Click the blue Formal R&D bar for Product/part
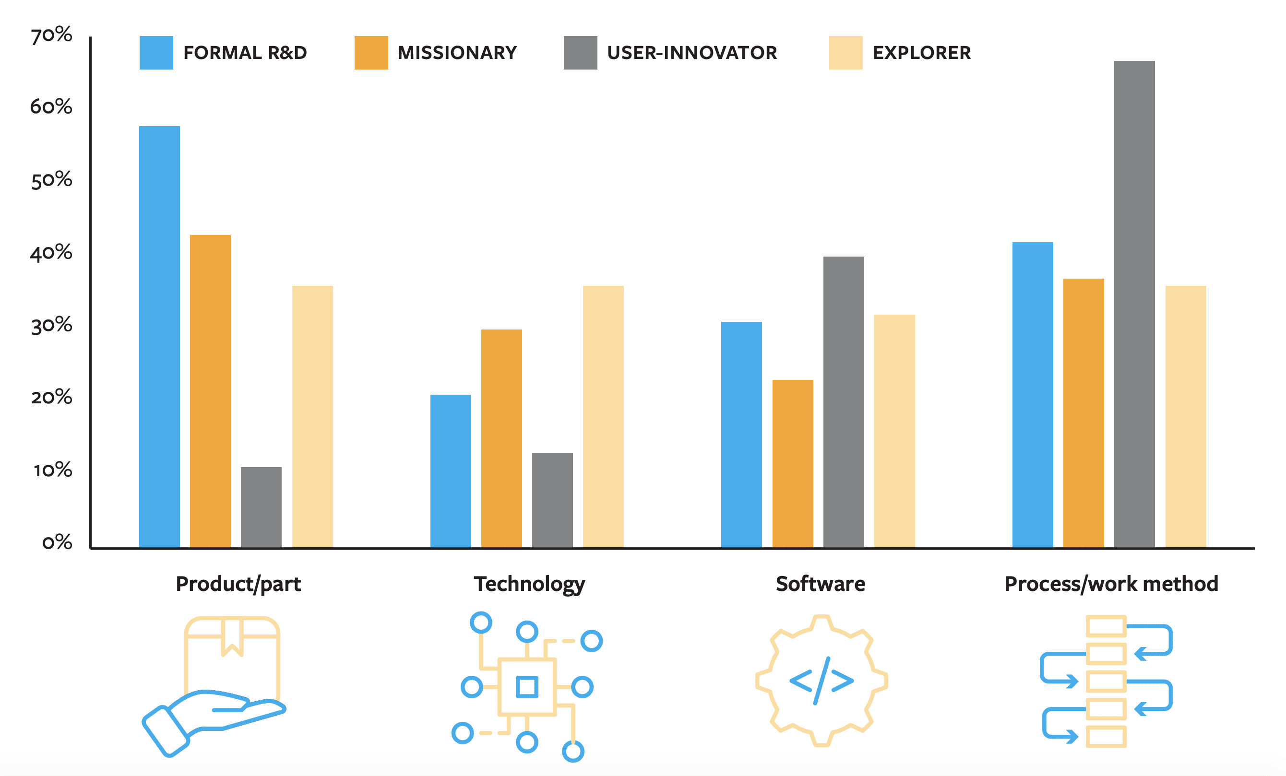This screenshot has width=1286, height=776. coord(159,336)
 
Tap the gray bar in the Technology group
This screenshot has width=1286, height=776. coord(552,500)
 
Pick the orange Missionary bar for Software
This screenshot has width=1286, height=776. coord(792,463)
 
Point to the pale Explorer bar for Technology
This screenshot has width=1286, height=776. coord(603,416)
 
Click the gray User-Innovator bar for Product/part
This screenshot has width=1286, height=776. coord(261,507)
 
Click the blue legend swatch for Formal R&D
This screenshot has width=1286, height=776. coord(156,53)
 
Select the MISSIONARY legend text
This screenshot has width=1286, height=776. coord(457,53)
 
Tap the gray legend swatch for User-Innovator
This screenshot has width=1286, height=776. coord(580,53)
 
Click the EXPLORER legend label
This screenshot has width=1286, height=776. coord(921,53)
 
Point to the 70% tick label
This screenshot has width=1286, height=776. coord(51,35)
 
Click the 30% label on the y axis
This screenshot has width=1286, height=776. coord(51,326)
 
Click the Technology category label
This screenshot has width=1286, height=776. coord(529,584)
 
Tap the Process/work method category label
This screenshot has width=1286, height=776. coord(1111,584)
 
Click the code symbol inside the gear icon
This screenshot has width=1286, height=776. coord(822,681)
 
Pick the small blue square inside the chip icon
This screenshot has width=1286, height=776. coord(526,687)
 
